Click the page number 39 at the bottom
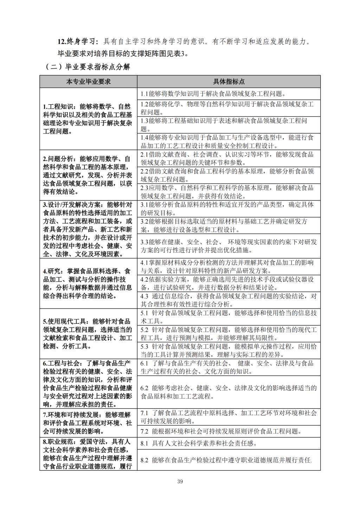pos(180,481)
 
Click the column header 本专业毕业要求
pos(88,82)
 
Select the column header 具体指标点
pos(229,82)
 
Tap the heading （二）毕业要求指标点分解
pos(88,67)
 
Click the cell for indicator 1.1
pos(229,94)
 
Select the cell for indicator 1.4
pos(229,142)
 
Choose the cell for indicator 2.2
pos(229,175)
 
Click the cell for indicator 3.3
pos(229,246)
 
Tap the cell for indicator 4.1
pos(229,267)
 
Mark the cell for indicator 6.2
pos(229,392)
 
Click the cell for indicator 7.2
pos(229,431)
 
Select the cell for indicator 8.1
pos(229,443)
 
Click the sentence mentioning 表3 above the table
pos(123,54)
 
